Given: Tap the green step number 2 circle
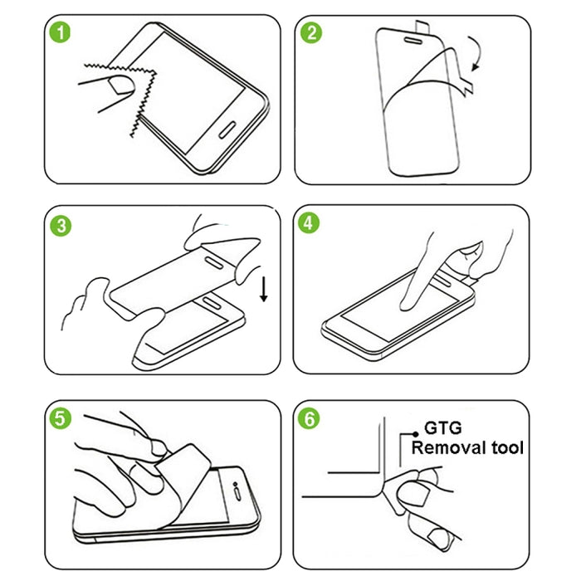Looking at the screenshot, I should coord(313,34).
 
